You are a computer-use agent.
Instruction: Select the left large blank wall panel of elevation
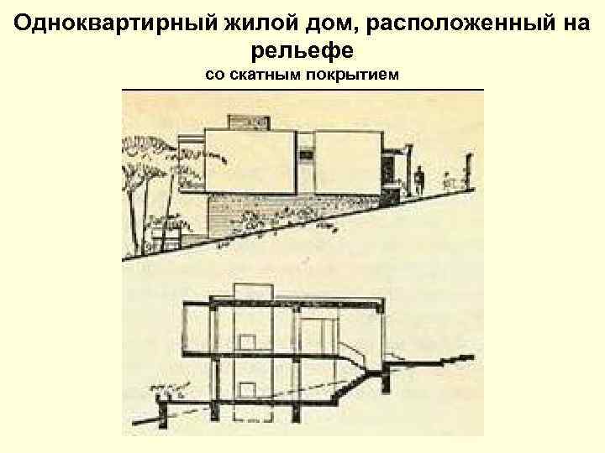pos(249,161)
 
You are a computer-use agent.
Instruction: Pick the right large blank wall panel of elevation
pos(348,162)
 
